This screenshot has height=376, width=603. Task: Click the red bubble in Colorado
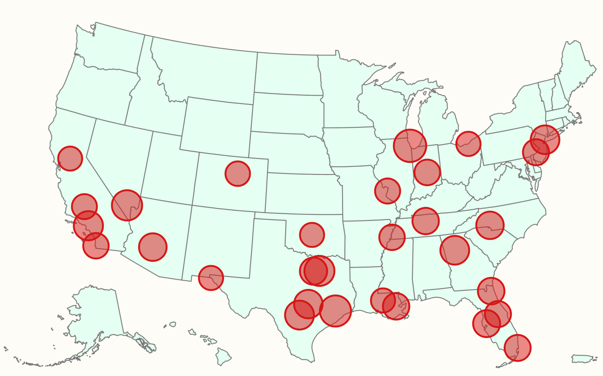(238, 174)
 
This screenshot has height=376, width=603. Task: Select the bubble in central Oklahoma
(312, 235)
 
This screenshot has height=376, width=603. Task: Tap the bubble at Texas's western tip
(211, 278)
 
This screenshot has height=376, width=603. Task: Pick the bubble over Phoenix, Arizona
(153, 247)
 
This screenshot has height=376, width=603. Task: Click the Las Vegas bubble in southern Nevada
(127, 205)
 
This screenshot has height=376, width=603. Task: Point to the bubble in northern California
(70, 158)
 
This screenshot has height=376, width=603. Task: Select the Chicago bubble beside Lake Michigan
(410, 146)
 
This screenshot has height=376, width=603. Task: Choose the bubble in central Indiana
(427, 172)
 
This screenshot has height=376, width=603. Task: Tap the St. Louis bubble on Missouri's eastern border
(387, 191)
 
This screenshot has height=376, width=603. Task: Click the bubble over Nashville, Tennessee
(426, 221)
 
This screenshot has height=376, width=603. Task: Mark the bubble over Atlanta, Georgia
(455, 250)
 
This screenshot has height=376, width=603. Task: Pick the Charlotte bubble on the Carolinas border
(490, 225)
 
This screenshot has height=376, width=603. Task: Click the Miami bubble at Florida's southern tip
(517, 348)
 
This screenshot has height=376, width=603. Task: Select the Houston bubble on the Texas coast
(336, 311)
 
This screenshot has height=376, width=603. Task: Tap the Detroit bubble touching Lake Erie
(468, 144)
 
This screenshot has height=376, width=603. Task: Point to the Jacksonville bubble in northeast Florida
(491, 291)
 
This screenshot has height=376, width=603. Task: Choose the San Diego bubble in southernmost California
(96, 246)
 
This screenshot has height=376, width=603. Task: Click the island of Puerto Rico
(583, 358)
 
